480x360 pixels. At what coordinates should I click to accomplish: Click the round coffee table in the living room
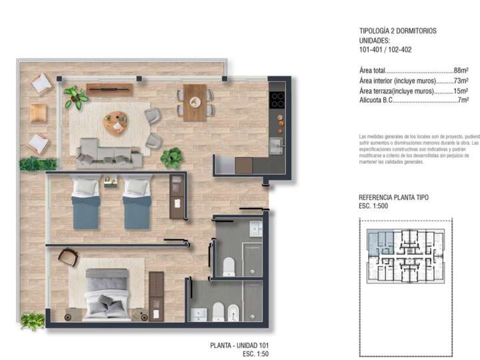coord(116,123)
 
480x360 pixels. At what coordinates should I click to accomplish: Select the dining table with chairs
coord(195,102)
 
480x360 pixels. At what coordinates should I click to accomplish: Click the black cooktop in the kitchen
coord(277,101)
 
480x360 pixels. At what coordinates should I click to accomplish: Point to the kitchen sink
coord(275,145)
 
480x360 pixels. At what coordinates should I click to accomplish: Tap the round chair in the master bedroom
coord(68,257)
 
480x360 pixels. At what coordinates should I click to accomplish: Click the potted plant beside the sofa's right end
coord(172,158)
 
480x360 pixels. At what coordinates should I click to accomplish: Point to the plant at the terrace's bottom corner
coord(32,321)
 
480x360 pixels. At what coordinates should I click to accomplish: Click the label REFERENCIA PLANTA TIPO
coord(393,198)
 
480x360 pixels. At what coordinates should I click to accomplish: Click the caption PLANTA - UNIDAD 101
coord(239,345)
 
